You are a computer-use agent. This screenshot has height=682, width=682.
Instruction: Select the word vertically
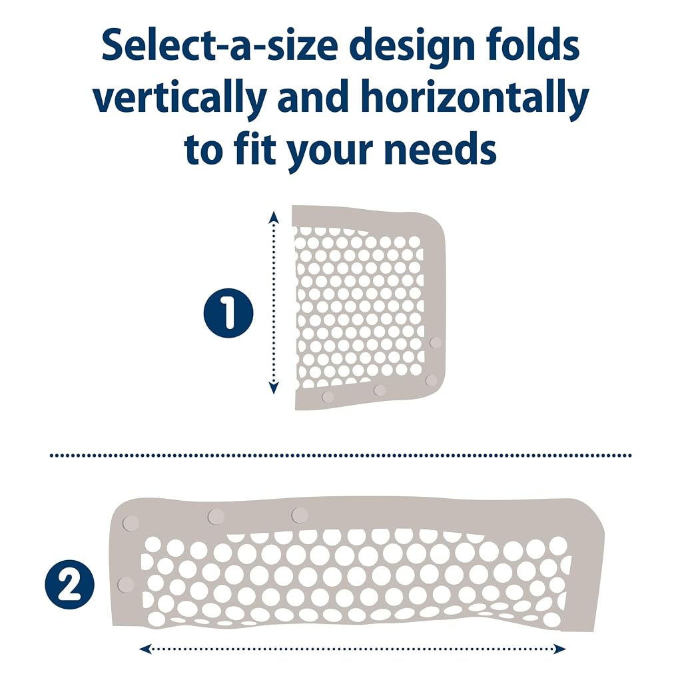tap(180, 99)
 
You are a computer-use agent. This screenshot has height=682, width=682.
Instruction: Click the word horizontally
tap(475, 99)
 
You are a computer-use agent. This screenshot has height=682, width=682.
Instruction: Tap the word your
tap(330, 153)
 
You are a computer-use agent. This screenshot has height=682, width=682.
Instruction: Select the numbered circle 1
tap(228, 313)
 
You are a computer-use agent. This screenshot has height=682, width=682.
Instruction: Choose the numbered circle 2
tap(69, 584)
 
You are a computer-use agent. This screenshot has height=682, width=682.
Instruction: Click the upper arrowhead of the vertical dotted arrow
tap(273, 216)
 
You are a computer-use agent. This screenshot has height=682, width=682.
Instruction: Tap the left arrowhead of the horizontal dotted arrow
tap(145, 649)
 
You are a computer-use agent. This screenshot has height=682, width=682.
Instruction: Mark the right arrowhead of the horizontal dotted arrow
tap(559, 649)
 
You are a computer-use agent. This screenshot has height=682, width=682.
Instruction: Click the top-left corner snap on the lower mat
tap(131, 523)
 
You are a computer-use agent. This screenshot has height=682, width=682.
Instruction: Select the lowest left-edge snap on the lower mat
tap(126, 585)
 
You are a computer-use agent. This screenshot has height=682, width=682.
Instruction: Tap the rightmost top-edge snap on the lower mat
tap(299, 515)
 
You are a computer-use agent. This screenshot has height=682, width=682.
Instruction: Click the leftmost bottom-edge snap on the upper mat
tap(328, 397)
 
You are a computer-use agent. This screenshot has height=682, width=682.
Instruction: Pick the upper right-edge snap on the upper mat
tap(436, 342)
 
